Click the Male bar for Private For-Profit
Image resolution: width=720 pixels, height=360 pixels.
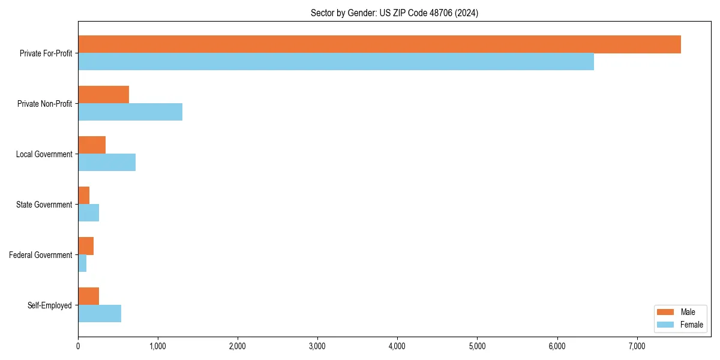coord(379,44)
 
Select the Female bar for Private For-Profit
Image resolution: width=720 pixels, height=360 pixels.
coord(336,62)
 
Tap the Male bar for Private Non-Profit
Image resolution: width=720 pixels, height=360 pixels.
coord(103,95)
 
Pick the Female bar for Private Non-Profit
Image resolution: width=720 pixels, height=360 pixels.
coord(130,112)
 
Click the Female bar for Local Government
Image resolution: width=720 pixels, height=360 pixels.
coord(107,163)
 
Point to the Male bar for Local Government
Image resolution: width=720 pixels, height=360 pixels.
coord(92,145)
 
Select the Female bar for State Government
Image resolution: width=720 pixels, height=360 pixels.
coord(88,213)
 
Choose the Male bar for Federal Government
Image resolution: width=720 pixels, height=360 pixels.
coord(86,246)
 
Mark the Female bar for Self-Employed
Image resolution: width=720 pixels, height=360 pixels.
coord(100,314)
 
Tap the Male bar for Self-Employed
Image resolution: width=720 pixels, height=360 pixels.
coord(88,296)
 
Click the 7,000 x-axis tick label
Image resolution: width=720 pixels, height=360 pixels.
coord(637,346)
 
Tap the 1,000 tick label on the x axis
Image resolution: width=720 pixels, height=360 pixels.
coord(158,346)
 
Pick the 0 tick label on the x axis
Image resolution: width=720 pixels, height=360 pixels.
coord(78,346)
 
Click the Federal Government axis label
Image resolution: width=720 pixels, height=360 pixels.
coord(41,255)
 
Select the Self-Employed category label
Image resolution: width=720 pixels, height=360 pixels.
coord(50,305)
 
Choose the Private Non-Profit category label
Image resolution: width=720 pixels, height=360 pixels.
coord(45,104)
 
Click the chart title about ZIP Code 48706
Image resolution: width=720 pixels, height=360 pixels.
coord(394,13)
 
